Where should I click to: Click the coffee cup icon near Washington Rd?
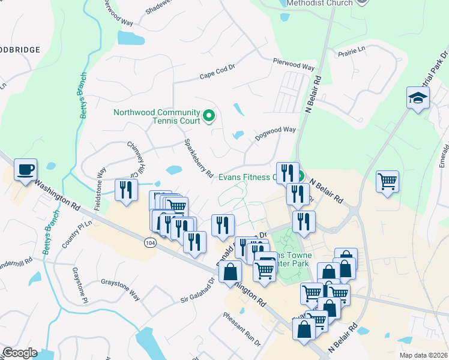tap(25, 170)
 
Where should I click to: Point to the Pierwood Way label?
tap(294, 64)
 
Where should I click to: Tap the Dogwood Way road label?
tap(276, 130)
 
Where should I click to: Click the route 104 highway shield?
tap(150, 242)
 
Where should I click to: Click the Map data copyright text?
tap(423, 355)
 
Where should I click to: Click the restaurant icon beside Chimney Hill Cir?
tap(125, 190)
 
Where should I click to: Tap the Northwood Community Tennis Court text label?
tap(157, 117)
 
